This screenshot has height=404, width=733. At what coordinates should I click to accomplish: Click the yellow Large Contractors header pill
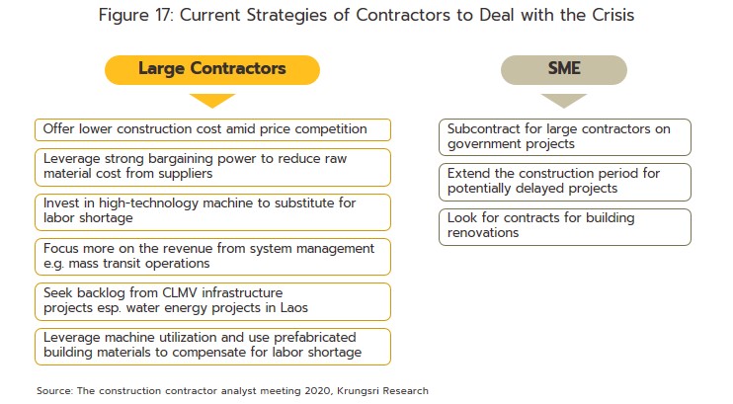click(212, 70)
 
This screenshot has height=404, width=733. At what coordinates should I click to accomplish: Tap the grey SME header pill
click(564, 70)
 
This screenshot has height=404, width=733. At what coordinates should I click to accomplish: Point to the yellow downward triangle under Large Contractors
click(212, 100)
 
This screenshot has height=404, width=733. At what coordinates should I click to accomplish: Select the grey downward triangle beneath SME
click(564, 100)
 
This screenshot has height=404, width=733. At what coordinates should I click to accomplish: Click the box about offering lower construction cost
click(212, 129)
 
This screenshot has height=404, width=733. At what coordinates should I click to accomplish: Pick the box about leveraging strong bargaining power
click(212, 167)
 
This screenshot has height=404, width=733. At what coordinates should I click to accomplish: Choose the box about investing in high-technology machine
click(212, 211)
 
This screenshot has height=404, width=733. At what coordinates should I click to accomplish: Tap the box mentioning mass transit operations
click(212, 257)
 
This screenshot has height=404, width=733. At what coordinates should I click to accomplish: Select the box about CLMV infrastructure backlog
click(212, 301)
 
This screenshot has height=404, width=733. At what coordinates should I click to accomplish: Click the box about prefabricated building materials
click(212, 347)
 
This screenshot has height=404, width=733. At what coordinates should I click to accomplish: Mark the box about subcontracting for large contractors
click(565, 137)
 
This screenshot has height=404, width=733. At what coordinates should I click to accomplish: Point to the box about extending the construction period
click(565, 182)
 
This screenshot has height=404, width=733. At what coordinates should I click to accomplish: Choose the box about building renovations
click(565, 227)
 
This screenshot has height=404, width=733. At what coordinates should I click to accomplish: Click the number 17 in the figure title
click(163, 15)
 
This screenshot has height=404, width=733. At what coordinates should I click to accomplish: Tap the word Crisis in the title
click(612, 15)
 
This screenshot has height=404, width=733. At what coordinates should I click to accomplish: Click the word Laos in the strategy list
click(294, 307)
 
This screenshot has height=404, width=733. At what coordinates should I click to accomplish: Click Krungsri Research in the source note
click(382, 391)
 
